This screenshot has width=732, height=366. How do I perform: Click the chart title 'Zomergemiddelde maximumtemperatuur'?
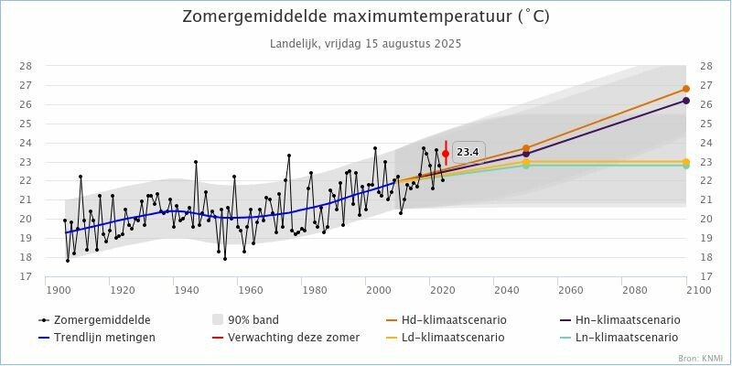365,17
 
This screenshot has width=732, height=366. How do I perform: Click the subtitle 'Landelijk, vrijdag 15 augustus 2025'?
365,43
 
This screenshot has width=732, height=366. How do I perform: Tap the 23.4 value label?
468,152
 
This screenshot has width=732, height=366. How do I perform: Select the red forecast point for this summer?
446,154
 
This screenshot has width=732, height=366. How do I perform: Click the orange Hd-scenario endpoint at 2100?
685,89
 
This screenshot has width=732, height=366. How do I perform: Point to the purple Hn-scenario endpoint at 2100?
685,101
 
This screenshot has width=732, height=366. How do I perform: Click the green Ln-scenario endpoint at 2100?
685,166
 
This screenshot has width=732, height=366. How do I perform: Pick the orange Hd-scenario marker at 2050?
526,147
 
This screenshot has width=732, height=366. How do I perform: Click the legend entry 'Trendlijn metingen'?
104,338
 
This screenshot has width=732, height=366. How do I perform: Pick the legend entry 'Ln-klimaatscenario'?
626,338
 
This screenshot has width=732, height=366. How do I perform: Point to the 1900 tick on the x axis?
58,290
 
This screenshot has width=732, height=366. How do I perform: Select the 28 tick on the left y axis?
26,66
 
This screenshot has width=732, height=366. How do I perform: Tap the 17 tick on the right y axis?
705,276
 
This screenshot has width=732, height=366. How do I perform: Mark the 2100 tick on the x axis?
685,290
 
